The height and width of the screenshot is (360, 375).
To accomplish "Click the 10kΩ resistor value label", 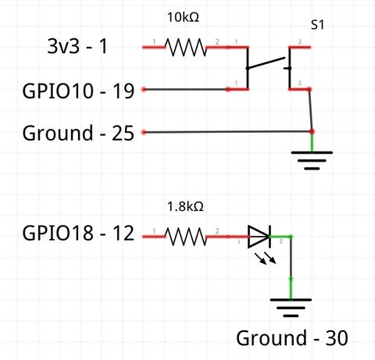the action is click(183, 17).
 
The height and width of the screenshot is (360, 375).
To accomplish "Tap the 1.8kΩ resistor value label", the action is click(185, 206).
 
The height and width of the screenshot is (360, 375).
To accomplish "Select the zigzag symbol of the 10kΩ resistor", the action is click(186, 47).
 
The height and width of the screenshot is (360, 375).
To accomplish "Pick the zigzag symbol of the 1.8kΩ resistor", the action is click(186, 237).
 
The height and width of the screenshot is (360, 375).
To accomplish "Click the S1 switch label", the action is click(317, 25).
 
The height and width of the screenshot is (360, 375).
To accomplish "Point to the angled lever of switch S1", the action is click(266, 62).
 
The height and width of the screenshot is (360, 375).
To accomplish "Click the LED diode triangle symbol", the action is click(259, 237).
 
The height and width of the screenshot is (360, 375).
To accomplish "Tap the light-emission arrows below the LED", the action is click(266, 258).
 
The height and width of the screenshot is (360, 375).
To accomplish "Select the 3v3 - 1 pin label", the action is click(77, 46).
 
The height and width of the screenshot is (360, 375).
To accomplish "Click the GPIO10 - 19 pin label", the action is click(78, 91).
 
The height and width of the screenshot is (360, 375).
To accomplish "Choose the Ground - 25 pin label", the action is click(78, 133).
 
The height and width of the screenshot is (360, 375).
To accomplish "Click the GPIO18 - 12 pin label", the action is click(78, 233).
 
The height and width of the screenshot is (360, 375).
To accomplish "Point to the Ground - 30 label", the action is click(292, 338).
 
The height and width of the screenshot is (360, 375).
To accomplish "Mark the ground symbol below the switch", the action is click(312, 160).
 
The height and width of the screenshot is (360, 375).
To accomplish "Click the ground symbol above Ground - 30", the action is click(291, 308).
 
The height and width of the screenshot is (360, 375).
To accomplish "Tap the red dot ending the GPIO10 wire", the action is click(144, 90).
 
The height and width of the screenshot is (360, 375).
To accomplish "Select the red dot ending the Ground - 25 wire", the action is click(144, 132).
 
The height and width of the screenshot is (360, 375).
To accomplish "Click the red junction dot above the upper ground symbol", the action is click(312, 131).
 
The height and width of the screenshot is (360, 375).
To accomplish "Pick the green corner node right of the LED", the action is click(291, 237).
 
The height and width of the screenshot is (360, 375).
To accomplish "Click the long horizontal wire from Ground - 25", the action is click(227, 132).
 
